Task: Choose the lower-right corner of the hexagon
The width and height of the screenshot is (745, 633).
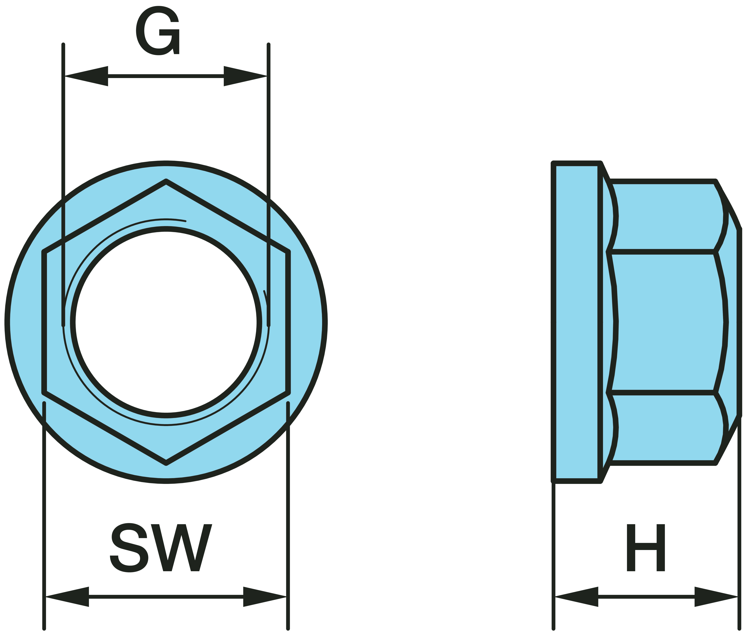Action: tap(288, 393)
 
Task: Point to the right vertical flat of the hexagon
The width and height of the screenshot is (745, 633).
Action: tap(288, 322)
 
